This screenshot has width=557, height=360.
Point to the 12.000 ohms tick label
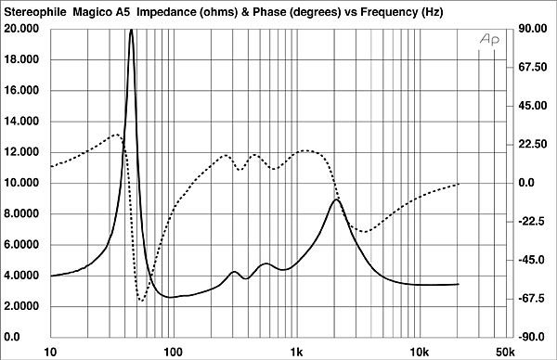23,152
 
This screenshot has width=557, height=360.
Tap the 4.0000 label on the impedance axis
23,276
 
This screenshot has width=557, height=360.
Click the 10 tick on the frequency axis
50,351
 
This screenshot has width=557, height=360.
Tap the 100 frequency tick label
173,351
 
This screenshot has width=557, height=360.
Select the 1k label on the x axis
296,351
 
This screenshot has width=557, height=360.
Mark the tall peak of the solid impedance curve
132,30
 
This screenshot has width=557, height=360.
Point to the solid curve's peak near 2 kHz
336,199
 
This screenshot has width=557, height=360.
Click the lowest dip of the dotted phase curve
141,301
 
